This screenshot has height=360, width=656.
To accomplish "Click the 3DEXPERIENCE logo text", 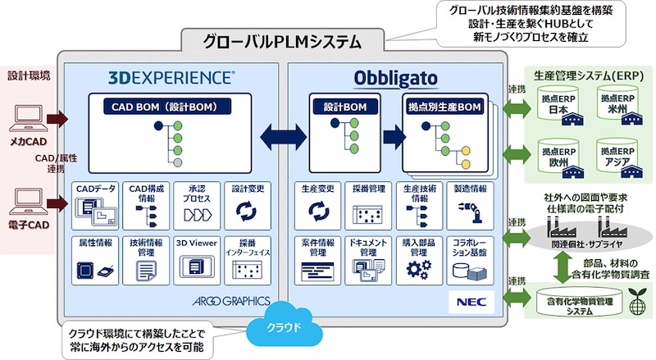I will click(171, 79).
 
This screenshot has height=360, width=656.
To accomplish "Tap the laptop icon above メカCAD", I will click(27, 120).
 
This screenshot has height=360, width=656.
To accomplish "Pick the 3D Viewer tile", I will click(195, 259).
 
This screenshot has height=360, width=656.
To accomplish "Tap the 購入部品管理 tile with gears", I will click(418, 259).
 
